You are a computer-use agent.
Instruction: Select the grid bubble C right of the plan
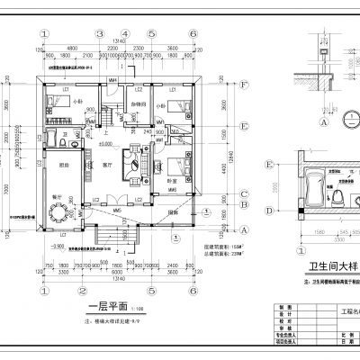point(244,193)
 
